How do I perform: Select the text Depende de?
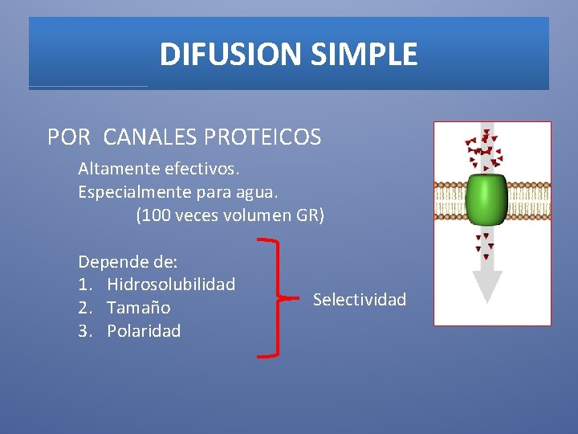pos(128,261)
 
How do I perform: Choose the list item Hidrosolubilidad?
pos(171,285)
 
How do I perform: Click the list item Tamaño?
pos(138,308)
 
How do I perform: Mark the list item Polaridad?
pos(144,331)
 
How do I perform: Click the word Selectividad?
pos(360,300)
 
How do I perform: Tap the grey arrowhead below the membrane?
pos(486,285)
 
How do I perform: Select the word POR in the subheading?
pos(69,137)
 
